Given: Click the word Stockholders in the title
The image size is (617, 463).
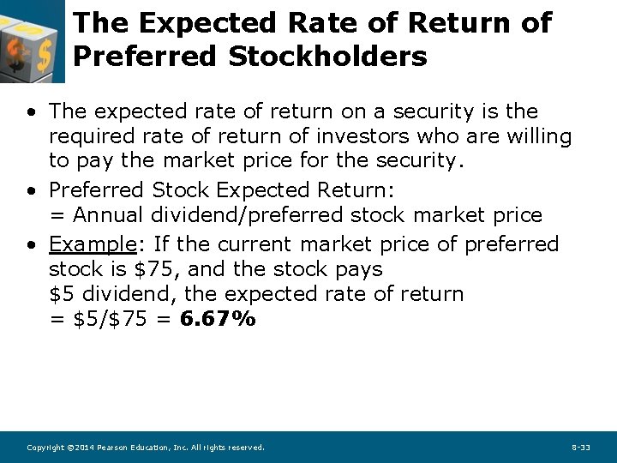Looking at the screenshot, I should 328,57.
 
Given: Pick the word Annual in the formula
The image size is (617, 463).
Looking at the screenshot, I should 111,214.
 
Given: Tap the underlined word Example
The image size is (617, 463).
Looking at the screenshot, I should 93,244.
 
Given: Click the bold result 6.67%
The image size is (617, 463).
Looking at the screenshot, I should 218,319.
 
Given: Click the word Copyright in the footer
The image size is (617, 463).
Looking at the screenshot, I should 45,448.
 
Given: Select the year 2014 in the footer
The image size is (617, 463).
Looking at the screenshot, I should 84,448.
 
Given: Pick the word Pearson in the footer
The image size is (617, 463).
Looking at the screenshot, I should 114,448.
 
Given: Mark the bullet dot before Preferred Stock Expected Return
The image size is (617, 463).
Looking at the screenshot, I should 30,190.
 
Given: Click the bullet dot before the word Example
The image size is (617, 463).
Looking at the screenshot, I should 30,245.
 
